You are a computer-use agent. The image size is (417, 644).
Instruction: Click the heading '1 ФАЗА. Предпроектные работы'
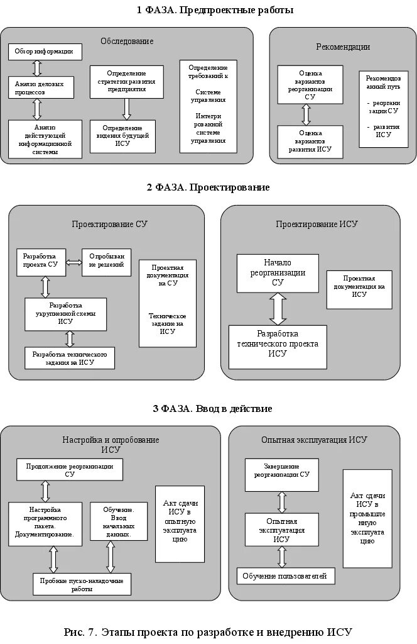pos(206,10)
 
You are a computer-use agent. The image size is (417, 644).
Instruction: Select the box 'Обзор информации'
pos(45,52)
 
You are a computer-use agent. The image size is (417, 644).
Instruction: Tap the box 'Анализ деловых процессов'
pos(40,87)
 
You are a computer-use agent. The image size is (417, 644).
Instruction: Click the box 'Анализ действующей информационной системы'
pos(45,138)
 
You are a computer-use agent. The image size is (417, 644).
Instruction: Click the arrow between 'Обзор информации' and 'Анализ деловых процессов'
pos(36,68)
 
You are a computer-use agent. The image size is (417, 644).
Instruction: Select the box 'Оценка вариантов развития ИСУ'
pos(310,142)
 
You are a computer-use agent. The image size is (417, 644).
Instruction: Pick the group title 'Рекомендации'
pos(342,47)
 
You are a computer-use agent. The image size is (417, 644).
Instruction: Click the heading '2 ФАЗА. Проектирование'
pos(208,187)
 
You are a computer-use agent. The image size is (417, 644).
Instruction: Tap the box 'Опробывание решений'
pos(106,261)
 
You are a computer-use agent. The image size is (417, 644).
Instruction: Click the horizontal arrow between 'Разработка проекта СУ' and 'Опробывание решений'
pos(74,262)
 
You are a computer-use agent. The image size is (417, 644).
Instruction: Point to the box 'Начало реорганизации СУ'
pos(277,273)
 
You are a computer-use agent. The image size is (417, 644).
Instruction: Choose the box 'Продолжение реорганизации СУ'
pos(70,470)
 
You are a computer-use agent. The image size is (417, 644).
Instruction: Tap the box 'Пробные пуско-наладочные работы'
pos(82,584)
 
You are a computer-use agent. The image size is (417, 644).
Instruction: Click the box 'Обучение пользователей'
pos(286,575)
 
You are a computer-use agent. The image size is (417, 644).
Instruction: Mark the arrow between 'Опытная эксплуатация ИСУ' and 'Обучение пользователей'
pos(281,557)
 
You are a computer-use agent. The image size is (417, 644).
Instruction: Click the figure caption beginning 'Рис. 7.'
pos(208,631)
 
